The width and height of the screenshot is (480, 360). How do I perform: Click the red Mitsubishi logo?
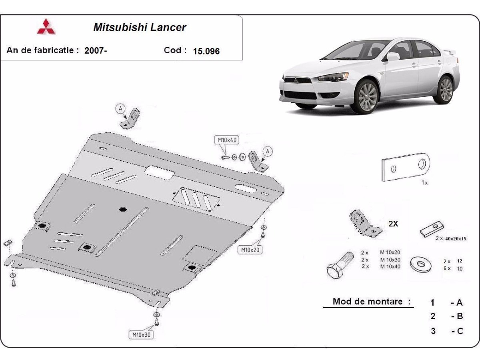46,26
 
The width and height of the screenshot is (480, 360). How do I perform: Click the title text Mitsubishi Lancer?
140,27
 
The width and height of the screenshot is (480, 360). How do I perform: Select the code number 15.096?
206,51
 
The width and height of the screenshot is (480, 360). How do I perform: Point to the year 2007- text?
96,50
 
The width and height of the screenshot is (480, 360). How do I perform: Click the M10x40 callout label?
227,140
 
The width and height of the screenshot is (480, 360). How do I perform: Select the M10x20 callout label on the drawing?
250,250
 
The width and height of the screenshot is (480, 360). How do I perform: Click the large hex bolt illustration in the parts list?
340,266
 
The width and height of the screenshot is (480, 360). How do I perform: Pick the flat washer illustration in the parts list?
421,264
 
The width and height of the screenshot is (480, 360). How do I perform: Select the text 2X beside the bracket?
393,224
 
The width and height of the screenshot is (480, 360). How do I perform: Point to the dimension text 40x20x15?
457,238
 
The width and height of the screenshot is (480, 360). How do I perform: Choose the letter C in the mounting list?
460,331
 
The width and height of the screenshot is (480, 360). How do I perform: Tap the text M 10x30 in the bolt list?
390,259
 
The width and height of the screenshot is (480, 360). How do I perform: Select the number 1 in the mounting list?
432,302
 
